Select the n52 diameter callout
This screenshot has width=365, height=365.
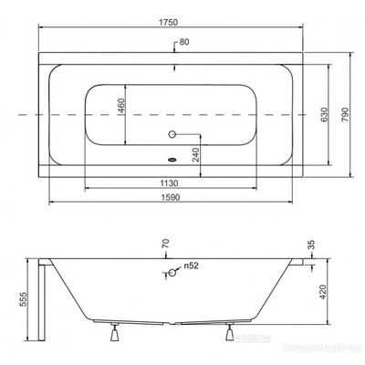pos(190,267)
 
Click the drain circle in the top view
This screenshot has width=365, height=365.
pos(169,133)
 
